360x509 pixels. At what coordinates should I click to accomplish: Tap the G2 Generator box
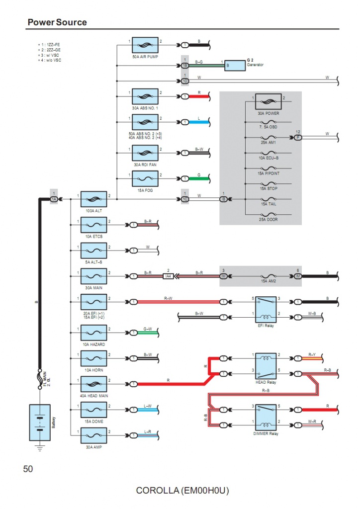235,65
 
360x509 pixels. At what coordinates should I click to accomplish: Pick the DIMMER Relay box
266,417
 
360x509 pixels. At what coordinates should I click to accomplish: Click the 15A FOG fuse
145,178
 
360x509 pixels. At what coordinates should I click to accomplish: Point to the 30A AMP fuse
94,435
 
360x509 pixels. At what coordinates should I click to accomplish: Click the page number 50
28,469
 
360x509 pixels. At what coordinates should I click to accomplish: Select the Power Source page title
57,22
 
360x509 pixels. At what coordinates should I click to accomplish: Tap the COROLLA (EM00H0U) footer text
182,491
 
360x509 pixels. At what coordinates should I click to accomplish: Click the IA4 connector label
169,276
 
